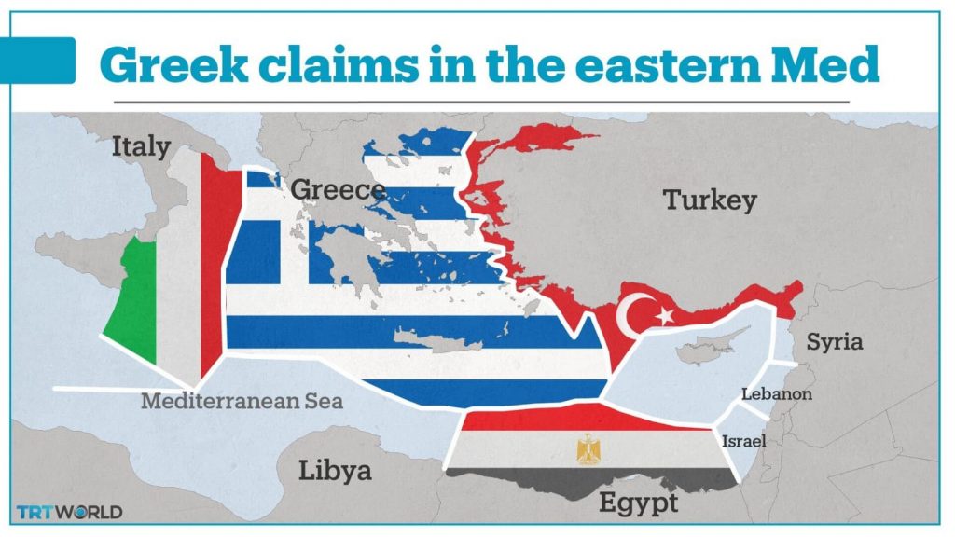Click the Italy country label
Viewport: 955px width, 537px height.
click(141, 146)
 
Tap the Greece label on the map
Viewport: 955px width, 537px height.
click(338, 190)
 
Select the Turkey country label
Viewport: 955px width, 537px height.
click(709, 200)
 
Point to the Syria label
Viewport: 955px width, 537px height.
click(834, 341)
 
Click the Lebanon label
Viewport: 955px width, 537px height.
click(776, 394)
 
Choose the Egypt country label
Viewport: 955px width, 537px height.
click(637, 503)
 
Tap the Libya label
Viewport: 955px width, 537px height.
click(335, 470)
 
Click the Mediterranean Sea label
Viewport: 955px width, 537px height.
click(242, 403)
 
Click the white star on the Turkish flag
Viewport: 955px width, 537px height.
click(665, 316)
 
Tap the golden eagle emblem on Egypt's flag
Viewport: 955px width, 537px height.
click(589, 450)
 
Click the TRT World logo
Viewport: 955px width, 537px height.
click(69, 512)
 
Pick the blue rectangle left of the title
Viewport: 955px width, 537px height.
click(45, 61)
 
